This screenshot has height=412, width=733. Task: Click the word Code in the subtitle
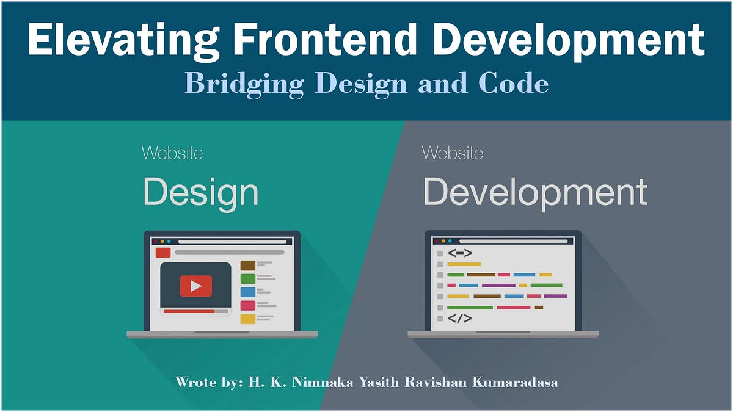(x=513, y=83)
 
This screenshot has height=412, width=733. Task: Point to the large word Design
(x=200, y=192)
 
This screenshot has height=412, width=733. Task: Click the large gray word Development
(x=535, y=192)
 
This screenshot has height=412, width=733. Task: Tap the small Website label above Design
(x=172, y=153)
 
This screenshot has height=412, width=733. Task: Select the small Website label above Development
(x=452, y=153)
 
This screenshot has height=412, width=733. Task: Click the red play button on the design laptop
(x=195, y=286)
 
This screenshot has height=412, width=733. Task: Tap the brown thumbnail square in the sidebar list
(x=247, y=265)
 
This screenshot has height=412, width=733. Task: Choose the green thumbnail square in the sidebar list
(x=247, y=278)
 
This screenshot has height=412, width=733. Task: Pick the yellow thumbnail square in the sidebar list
(x=247, y=319)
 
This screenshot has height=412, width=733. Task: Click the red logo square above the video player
(x=163, y=252)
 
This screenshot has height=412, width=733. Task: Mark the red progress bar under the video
(x=189, y=311)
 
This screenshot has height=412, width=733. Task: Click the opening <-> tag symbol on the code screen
(x=459, y=253)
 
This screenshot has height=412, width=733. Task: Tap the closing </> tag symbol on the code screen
(x=459, y=318)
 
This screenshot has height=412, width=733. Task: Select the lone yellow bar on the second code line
(x=464, y=264)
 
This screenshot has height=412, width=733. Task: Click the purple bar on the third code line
(x=498, y=285)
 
